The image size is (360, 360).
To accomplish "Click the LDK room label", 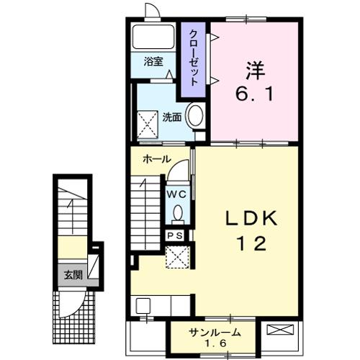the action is pos(251,218).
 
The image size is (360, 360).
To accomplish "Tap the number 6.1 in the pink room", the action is pos(254,94).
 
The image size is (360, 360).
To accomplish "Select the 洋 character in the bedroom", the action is pos(255,71).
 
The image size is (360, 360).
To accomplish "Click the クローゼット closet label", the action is pos(194,58).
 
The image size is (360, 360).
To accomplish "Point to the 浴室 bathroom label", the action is pos(153,62).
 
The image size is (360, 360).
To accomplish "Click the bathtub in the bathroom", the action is pos(153,36).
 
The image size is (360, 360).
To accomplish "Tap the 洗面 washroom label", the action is pos(172,117).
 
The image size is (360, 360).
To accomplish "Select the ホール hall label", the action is pos(157,159).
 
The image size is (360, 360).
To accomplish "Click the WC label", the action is pos(176,194).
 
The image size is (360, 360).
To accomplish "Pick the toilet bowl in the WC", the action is pos(178,214).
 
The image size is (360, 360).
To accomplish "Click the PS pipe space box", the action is pos(175,235).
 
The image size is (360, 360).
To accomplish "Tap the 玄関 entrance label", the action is pos(73,275).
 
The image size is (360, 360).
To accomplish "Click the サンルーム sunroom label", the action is pos(215,333).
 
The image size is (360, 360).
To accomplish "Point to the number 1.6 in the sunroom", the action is pos(215,343).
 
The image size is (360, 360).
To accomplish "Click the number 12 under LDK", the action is pos(251,243).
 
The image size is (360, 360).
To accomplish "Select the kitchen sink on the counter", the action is pos(143,305).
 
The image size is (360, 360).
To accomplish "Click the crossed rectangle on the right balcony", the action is pos(280,330).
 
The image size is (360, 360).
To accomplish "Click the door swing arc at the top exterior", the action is pos(153,9).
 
